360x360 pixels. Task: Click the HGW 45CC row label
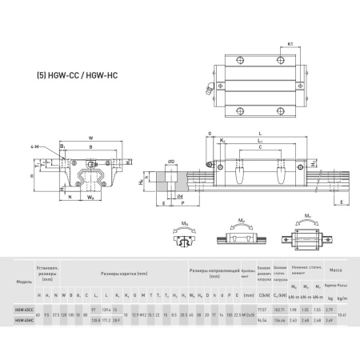[x=23, y=307]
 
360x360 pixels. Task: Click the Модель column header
[x=23, y=282]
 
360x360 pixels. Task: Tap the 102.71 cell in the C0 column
[x=280, y=307]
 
